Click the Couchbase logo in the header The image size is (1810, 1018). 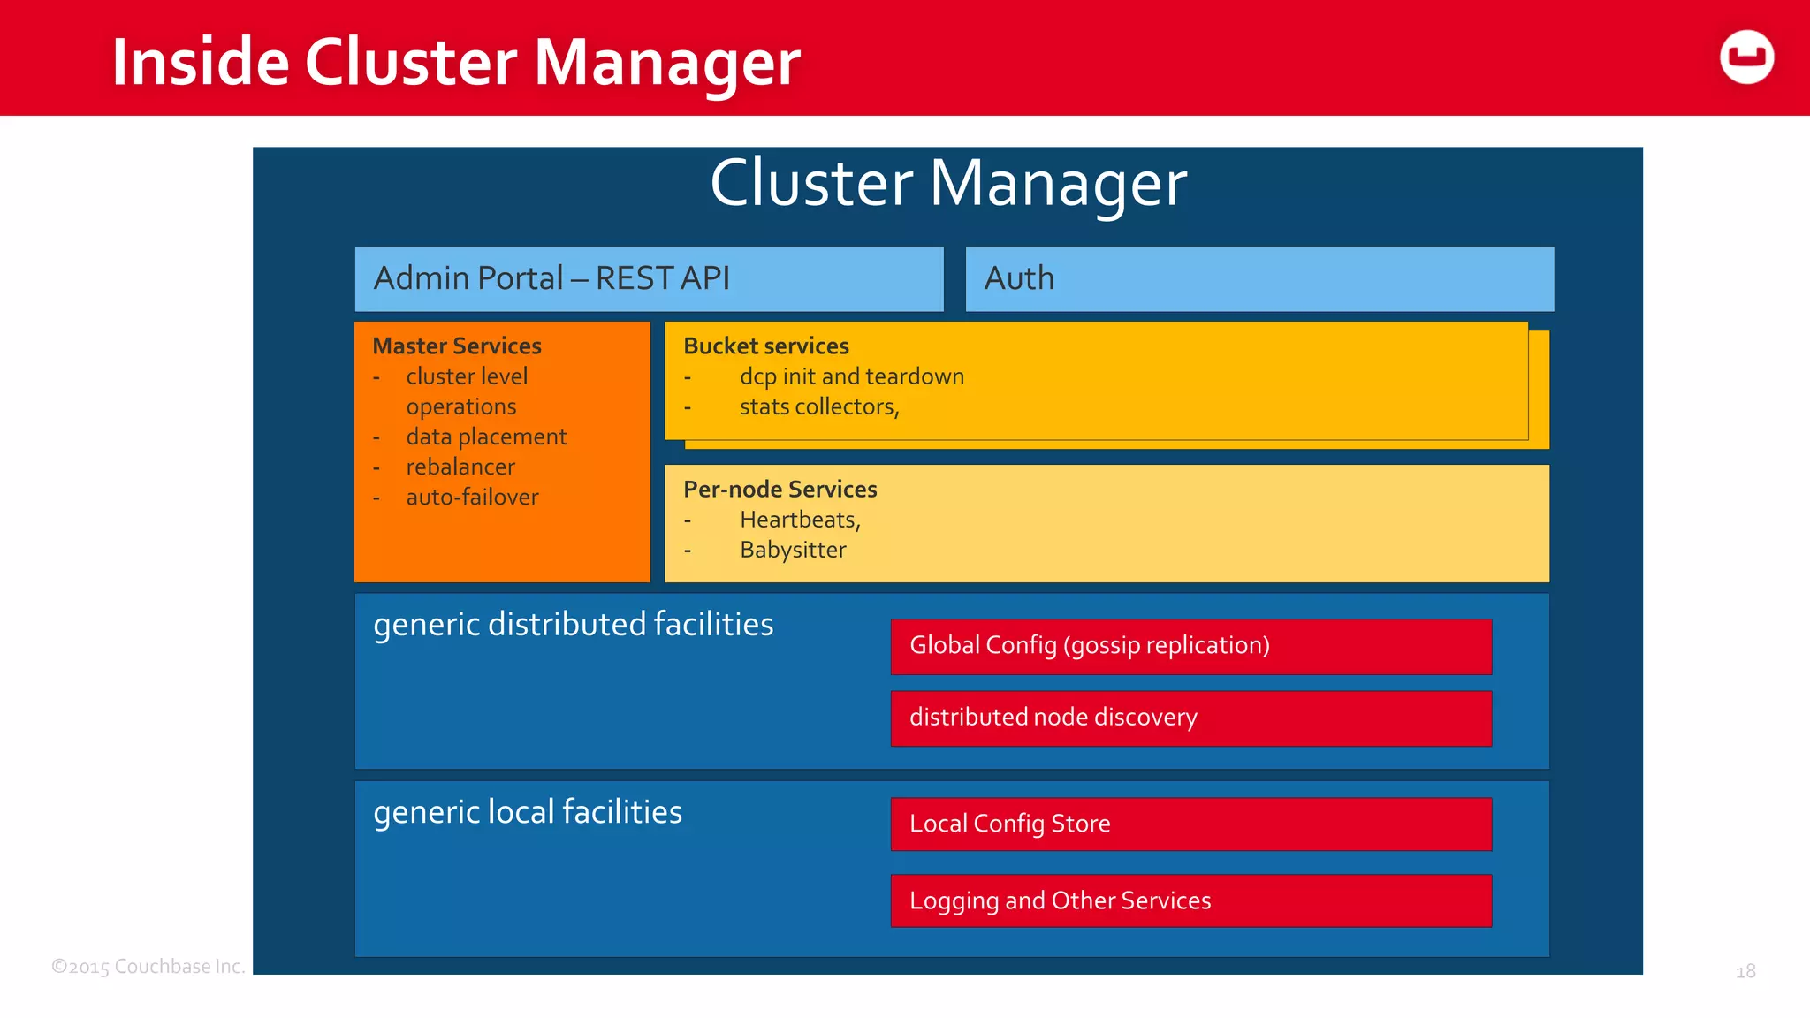coord(1746,57)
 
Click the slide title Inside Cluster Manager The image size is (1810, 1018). coord(455,62)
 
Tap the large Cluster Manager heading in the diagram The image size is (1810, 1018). coord(947,184)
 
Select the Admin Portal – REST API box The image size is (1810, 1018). coord(649,279)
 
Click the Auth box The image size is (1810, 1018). coord(1259,279)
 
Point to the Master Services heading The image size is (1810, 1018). coord(457,346)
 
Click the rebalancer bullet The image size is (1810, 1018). coord(460,467)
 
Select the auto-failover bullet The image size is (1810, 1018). coord(472,497)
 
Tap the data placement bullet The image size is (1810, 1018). coord(486,437)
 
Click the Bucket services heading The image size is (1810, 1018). coord(765,346)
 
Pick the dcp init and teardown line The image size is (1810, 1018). coord(851,376)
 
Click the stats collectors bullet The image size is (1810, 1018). coord(819,406)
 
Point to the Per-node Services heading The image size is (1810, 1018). coord(780,489)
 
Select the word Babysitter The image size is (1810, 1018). coord(793,550)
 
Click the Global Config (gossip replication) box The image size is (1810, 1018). coord(1190,646)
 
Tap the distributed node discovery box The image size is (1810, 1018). coord(1190,718)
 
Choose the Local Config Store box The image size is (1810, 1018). coord(1190,824)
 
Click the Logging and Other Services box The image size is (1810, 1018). coord(1190,900)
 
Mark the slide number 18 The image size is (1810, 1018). coord(1745,971)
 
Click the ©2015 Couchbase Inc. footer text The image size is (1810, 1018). coord(148,967)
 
